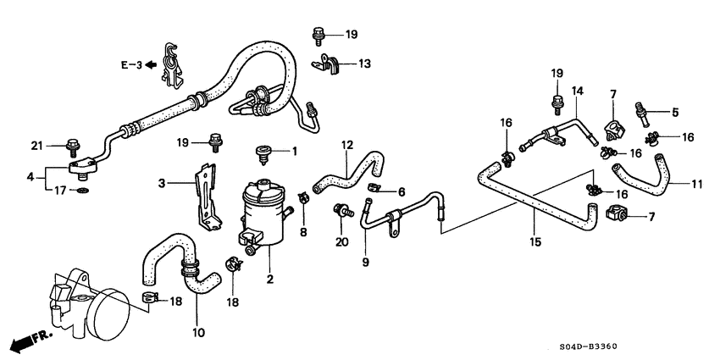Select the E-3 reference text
pos(130,64)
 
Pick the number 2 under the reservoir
pos(271,280)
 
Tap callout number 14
pos(577,91)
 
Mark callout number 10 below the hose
pos(198,333)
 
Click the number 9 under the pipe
pos(367,263)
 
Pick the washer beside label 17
pos(80,191)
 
